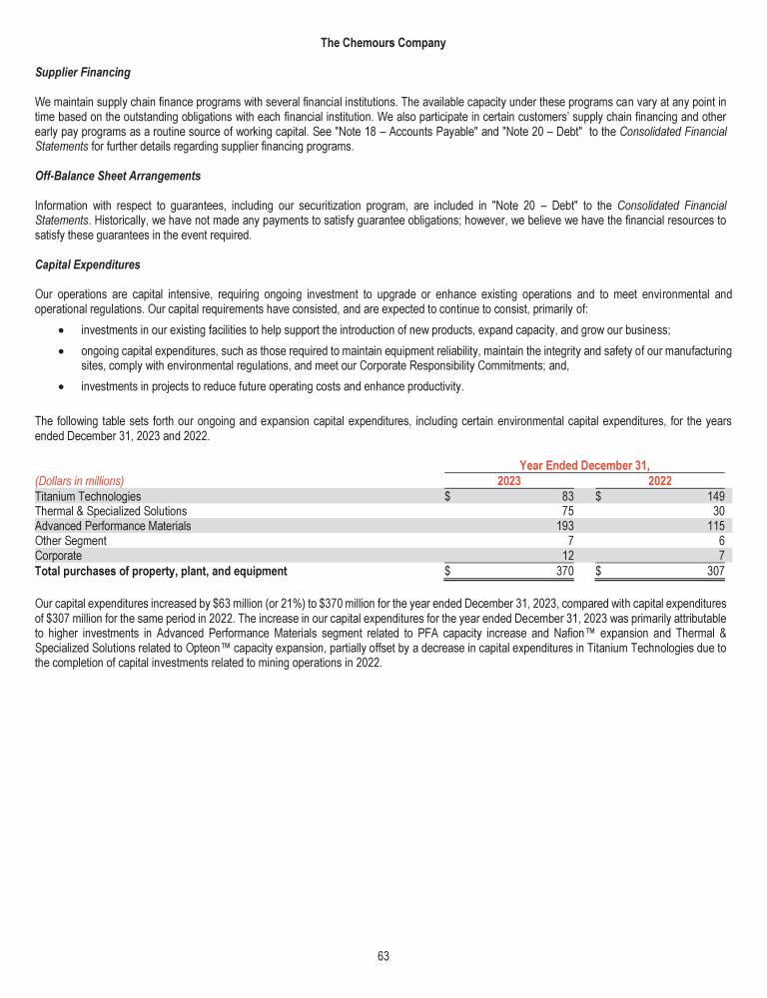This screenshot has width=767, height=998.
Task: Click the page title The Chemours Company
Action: (x=383, y=43)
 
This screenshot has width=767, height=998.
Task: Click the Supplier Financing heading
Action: (x=83, y=73)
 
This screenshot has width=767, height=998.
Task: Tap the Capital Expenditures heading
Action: (x=87, y=264)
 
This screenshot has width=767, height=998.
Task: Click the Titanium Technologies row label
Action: (x=88, y=496)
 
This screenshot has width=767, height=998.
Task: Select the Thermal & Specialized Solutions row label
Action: (x=111, y=511)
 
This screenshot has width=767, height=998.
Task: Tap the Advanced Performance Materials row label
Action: (x=113, y=526)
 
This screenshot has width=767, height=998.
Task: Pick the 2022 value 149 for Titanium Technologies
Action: (x=715, y=496)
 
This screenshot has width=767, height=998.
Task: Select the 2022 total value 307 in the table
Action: (x=715, y=572)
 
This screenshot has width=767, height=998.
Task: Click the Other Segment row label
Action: (x=71, y=541)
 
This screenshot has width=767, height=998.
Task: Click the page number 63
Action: (x=383, y=956)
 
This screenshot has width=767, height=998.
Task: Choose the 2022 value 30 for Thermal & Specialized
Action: (x=718, y=511)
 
